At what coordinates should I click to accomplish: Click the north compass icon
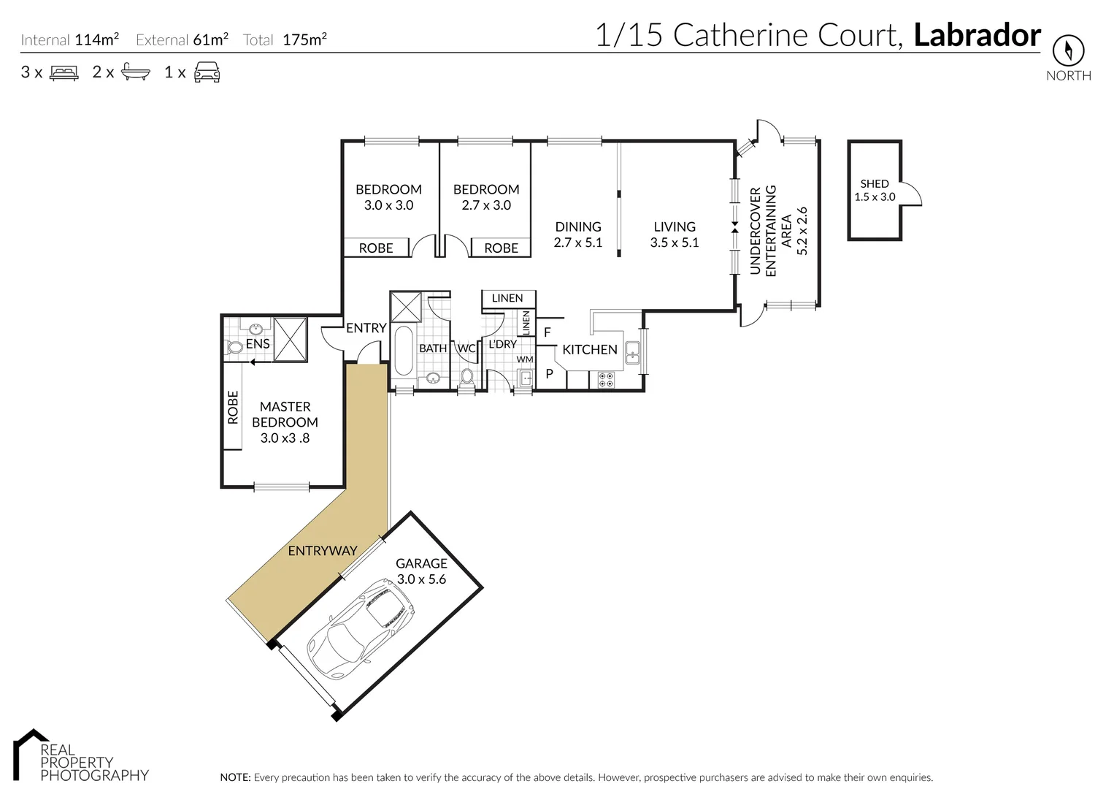1068,50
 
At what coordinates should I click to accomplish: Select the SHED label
875,183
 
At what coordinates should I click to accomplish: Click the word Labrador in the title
977,35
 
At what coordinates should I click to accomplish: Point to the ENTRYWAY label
322,551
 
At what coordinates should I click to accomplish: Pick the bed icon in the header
64,72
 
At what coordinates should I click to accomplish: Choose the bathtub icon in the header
136,72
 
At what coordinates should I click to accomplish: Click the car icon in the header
207,72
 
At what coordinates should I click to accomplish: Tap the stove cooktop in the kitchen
606,379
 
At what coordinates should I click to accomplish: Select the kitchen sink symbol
632,352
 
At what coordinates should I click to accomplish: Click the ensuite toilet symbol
233,348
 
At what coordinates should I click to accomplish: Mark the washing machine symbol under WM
525,378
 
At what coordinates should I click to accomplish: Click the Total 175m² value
304,40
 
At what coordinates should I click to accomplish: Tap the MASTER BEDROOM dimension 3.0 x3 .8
285,438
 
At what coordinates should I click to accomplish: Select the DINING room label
578,226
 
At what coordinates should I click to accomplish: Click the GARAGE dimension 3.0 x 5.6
421,579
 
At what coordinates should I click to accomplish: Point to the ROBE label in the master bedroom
233,407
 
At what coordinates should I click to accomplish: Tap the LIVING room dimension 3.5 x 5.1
675,243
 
